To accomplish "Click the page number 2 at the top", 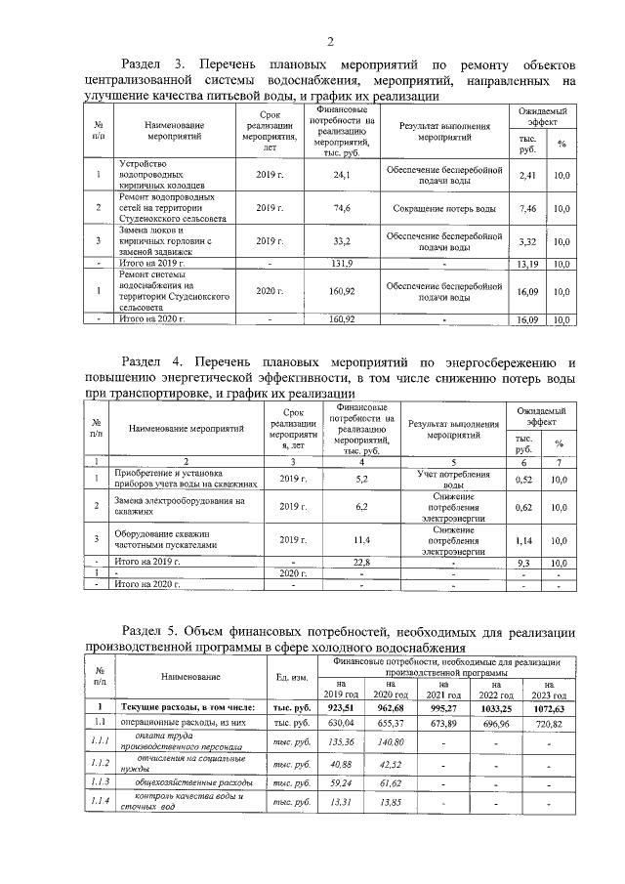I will (x=330, y=41).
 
